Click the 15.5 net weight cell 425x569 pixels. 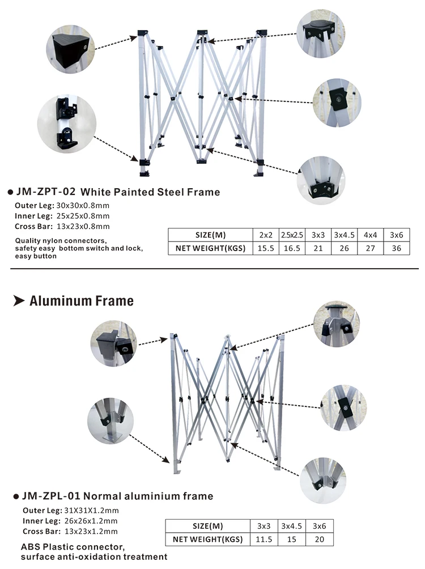coord(266,248)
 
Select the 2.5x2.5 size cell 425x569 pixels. coord(292,235)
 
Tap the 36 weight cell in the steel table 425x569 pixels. coord(396,248)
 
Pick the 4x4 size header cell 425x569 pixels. coord(370,235)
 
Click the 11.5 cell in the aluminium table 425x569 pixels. coord(264,539)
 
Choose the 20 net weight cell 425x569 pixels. coord(320,539)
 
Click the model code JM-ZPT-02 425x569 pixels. coord(46,192)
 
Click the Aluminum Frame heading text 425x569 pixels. coord(82,301)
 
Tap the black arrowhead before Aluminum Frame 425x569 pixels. coord(19,300)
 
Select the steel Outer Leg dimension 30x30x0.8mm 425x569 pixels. coord(83,205)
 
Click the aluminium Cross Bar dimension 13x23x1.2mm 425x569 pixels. coord(91,532)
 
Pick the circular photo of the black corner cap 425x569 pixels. coord(70,49)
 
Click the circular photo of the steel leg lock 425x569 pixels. coord(67,124)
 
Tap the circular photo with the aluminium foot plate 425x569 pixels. coord(110,421)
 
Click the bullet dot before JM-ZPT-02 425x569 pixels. coord(10,192)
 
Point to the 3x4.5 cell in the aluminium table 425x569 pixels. coord(291,526)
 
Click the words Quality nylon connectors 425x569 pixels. coord(61,241)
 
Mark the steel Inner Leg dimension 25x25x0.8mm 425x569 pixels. coord(83,216)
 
